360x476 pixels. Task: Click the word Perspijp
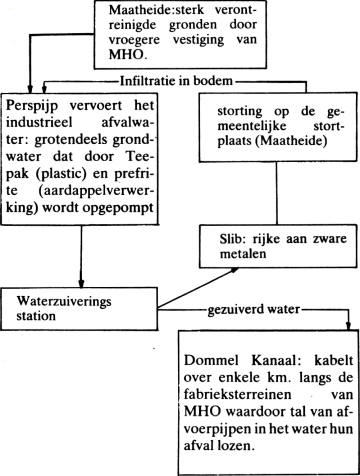coord(32,106)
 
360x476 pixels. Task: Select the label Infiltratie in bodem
coord(176,81)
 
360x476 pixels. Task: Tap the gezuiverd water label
coord(254,310)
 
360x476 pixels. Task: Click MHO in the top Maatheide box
coord(126,54)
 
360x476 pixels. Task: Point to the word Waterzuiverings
coord(64,301)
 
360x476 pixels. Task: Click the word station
coord(36,316)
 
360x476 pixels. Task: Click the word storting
coord(239,111)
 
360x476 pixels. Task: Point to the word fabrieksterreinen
coord(238,395)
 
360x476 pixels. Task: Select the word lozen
coord(236,446)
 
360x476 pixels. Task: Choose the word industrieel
coord(39,122)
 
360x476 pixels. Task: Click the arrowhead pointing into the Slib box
coord(234,270)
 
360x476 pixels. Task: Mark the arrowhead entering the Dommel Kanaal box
coord(349,326)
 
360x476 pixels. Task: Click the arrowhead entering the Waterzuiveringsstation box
coord(81,284)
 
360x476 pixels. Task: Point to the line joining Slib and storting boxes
coord(276,193)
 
